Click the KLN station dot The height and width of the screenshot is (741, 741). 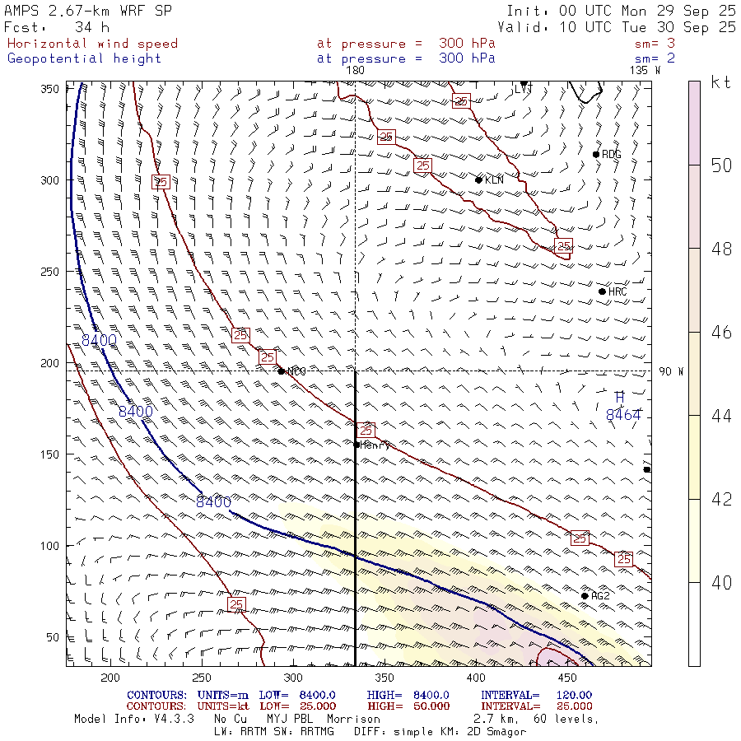478,179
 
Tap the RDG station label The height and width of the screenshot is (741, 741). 612,155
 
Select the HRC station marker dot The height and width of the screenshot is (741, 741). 602,291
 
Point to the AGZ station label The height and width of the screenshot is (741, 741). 601,596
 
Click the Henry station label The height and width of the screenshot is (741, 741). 375,445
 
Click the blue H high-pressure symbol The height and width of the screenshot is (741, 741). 620,398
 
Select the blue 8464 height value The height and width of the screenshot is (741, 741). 623,416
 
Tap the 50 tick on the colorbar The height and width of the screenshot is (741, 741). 722,165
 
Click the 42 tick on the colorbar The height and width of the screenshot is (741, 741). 722,499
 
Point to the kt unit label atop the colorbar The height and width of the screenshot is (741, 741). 721,82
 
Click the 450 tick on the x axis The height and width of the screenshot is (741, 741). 566,678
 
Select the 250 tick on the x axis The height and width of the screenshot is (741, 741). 201,678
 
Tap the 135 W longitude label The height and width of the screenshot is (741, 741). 645,71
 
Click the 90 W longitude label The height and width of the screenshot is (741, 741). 672,372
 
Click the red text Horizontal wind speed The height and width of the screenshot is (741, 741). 92,44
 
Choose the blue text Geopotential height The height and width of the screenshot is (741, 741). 85,58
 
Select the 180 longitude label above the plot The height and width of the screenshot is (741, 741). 355,71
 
